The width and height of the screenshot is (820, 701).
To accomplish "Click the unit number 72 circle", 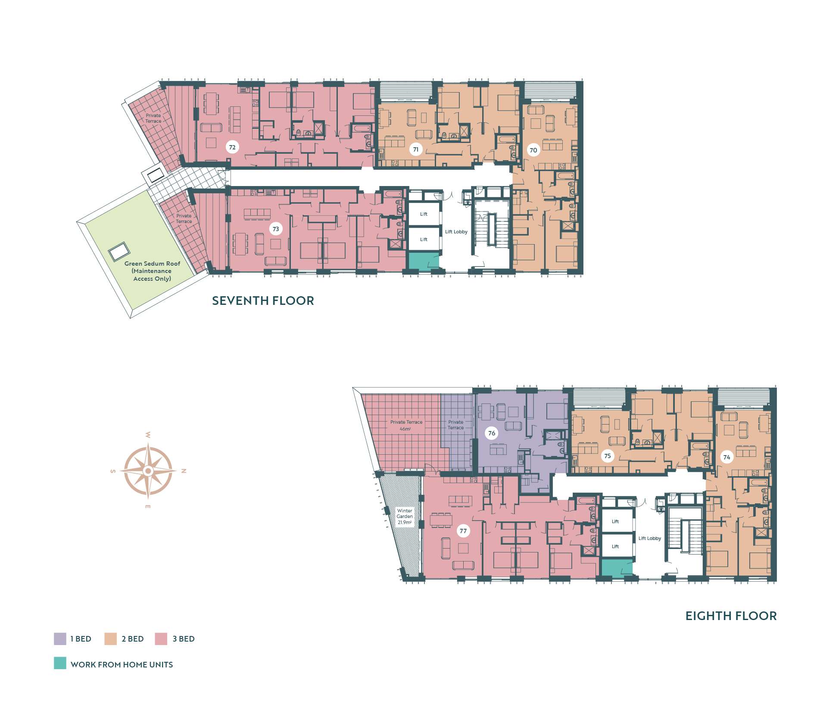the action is click(232, 147).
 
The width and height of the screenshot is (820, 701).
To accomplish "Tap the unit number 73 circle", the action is click(276, 229).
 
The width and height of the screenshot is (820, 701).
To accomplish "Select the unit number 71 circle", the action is click(416, 150).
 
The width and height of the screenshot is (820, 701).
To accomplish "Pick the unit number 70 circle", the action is click(533, 150).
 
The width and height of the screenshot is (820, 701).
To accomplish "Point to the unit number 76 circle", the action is click(492, 433).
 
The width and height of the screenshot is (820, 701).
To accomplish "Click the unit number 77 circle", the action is click(463, 531).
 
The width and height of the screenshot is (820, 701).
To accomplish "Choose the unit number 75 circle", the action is click(608, 456).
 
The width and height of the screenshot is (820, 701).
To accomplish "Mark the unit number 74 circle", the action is click(727, 457).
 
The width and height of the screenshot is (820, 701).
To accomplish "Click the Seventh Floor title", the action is click(263, 301).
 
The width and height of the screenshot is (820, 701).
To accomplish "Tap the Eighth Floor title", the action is click(731, 616).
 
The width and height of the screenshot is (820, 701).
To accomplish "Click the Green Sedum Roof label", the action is click(152, 271).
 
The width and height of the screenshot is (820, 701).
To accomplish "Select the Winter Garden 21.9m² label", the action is click(405, 516).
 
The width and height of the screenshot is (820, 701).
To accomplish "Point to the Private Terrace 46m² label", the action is click(406, 425).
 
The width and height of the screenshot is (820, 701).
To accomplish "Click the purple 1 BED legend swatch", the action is click(60, 639).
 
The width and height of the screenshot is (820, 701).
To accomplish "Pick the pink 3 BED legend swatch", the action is click(161, 639).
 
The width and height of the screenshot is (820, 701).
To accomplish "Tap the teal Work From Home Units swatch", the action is click(60, 663).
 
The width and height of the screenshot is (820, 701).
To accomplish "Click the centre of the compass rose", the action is click(148, 471).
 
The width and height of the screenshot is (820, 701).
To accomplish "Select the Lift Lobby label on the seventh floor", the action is click(456, 232).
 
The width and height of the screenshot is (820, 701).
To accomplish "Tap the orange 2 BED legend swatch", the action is click(111, 639).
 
